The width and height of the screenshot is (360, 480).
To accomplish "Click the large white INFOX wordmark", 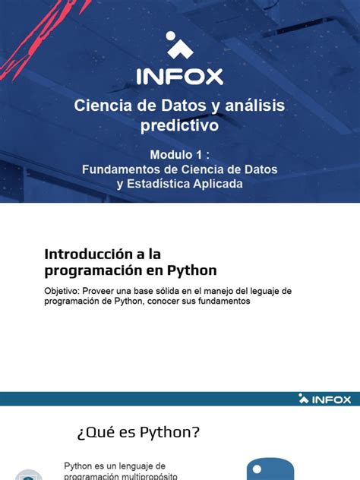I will (x=180, y=76).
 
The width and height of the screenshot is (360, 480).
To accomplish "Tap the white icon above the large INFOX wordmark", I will (x=179, y=46).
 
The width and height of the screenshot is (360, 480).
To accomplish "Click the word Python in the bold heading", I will (x=192, y=270).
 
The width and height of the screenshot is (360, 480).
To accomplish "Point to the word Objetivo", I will (x=63, y=291).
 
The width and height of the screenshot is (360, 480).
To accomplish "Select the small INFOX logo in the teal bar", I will (x=324, y=398).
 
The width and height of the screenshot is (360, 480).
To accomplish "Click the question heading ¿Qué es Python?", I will (x=138, y=432).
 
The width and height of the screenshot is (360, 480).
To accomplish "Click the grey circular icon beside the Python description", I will (x=29, y=475).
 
